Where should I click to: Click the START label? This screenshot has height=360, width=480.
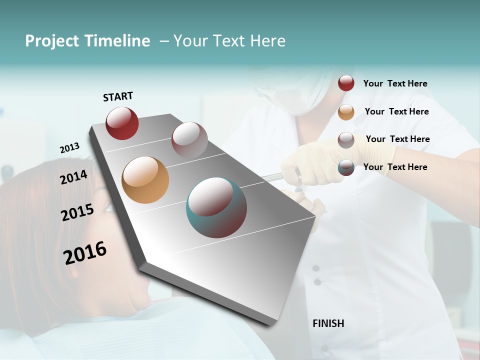tap(118, 96)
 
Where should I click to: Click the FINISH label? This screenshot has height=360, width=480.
tap(328, 323)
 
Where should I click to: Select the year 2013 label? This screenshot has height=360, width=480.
tap(69, 148)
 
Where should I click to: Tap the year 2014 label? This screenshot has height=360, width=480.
tap(73, 177)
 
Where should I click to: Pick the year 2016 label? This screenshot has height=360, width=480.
tap(85, 253)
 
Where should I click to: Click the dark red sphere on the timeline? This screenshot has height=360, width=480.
tap(122, 123)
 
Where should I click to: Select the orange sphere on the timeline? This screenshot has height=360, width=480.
tap(145, 180)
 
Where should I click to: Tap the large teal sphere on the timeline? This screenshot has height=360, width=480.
tap(216, 207)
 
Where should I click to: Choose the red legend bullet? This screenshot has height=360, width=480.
tap(346, 83)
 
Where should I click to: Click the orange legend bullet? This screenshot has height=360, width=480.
tap(346, 112)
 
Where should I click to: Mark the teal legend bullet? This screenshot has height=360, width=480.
tap(346, 167)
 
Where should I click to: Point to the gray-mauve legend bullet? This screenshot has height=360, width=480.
tap(346, 140)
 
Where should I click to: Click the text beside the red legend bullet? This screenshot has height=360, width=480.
tap(395, 83)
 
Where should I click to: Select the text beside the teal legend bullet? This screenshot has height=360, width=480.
tap(395, 167)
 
